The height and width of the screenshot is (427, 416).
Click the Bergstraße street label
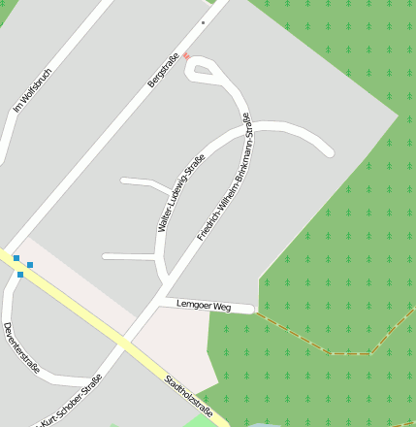click(x=163, y=69)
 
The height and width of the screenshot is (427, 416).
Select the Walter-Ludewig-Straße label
click(x=181, y=193)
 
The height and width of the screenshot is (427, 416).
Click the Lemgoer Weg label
click(x=204, y=305)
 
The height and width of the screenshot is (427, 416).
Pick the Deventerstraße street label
click(x=21, y=347)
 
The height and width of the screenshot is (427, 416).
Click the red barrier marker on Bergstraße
click(x=187, y=55)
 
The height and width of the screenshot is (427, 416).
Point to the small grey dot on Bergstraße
click(x=204, y=21)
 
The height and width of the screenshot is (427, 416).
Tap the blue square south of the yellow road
click(x=20, y=275)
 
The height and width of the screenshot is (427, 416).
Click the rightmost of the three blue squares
click(x=30, y=265)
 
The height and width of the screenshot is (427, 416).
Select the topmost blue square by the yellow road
click(x=16, y=258)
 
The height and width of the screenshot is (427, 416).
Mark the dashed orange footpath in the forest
click(x=330, y=348)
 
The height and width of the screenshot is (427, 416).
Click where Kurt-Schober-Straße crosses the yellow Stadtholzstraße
click(x=123, y=345)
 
